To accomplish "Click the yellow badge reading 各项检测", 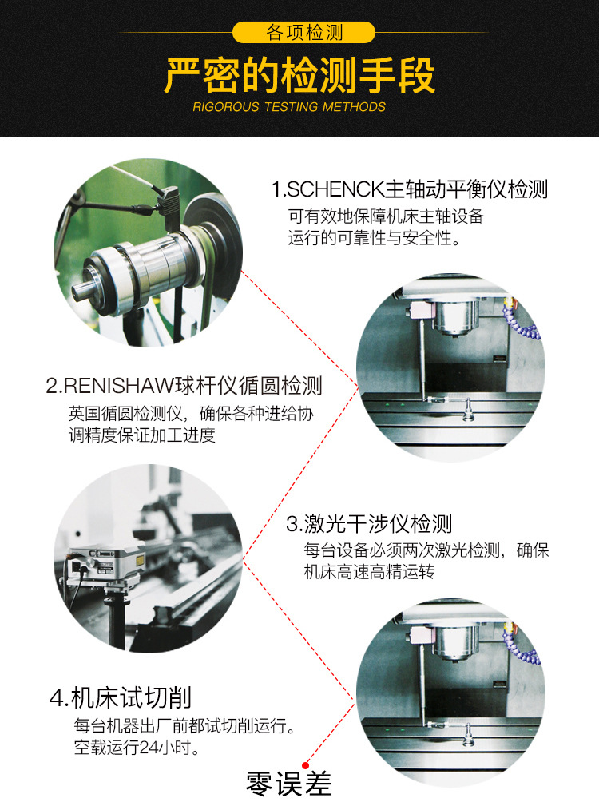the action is point(303,33).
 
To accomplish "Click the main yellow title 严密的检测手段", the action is point(299,76).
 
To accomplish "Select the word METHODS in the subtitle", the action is point(354,107).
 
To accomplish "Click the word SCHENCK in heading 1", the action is point(335,189).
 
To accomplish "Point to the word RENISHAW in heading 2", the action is point(119,386).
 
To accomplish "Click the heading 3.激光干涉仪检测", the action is point(369,524).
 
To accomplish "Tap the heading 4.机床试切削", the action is point(121,697).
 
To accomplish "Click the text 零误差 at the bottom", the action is point(288,784).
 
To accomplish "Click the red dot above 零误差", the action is point(306,766).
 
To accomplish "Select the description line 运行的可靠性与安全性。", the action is point(374,238).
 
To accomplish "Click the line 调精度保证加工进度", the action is point(142,435).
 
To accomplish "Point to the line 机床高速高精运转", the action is point(369,572).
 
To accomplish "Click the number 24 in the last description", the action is point(148,748).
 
